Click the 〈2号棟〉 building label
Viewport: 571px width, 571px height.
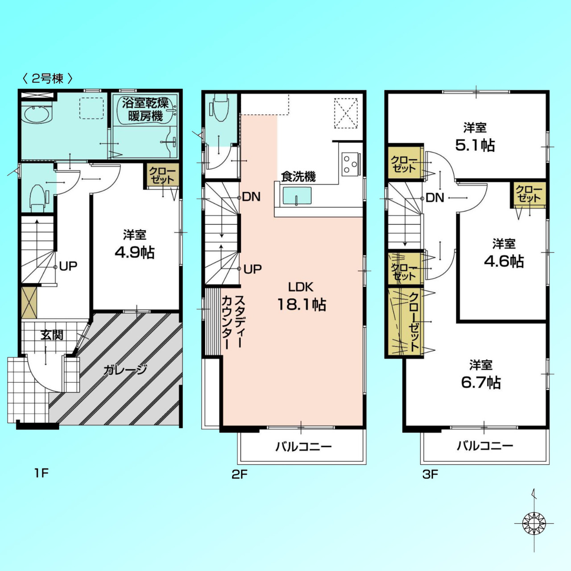[48, 79]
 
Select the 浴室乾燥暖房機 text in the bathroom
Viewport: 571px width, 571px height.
[145, 109]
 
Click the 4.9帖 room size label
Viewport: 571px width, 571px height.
[135, 253]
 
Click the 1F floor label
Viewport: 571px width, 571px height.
[41, 473]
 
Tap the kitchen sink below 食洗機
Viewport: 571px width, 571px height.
[297, 195]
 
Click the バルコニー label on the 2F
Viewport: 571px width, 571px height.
[303, 446]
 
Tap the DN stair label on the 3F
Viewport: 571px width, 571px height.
[435, 198]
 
